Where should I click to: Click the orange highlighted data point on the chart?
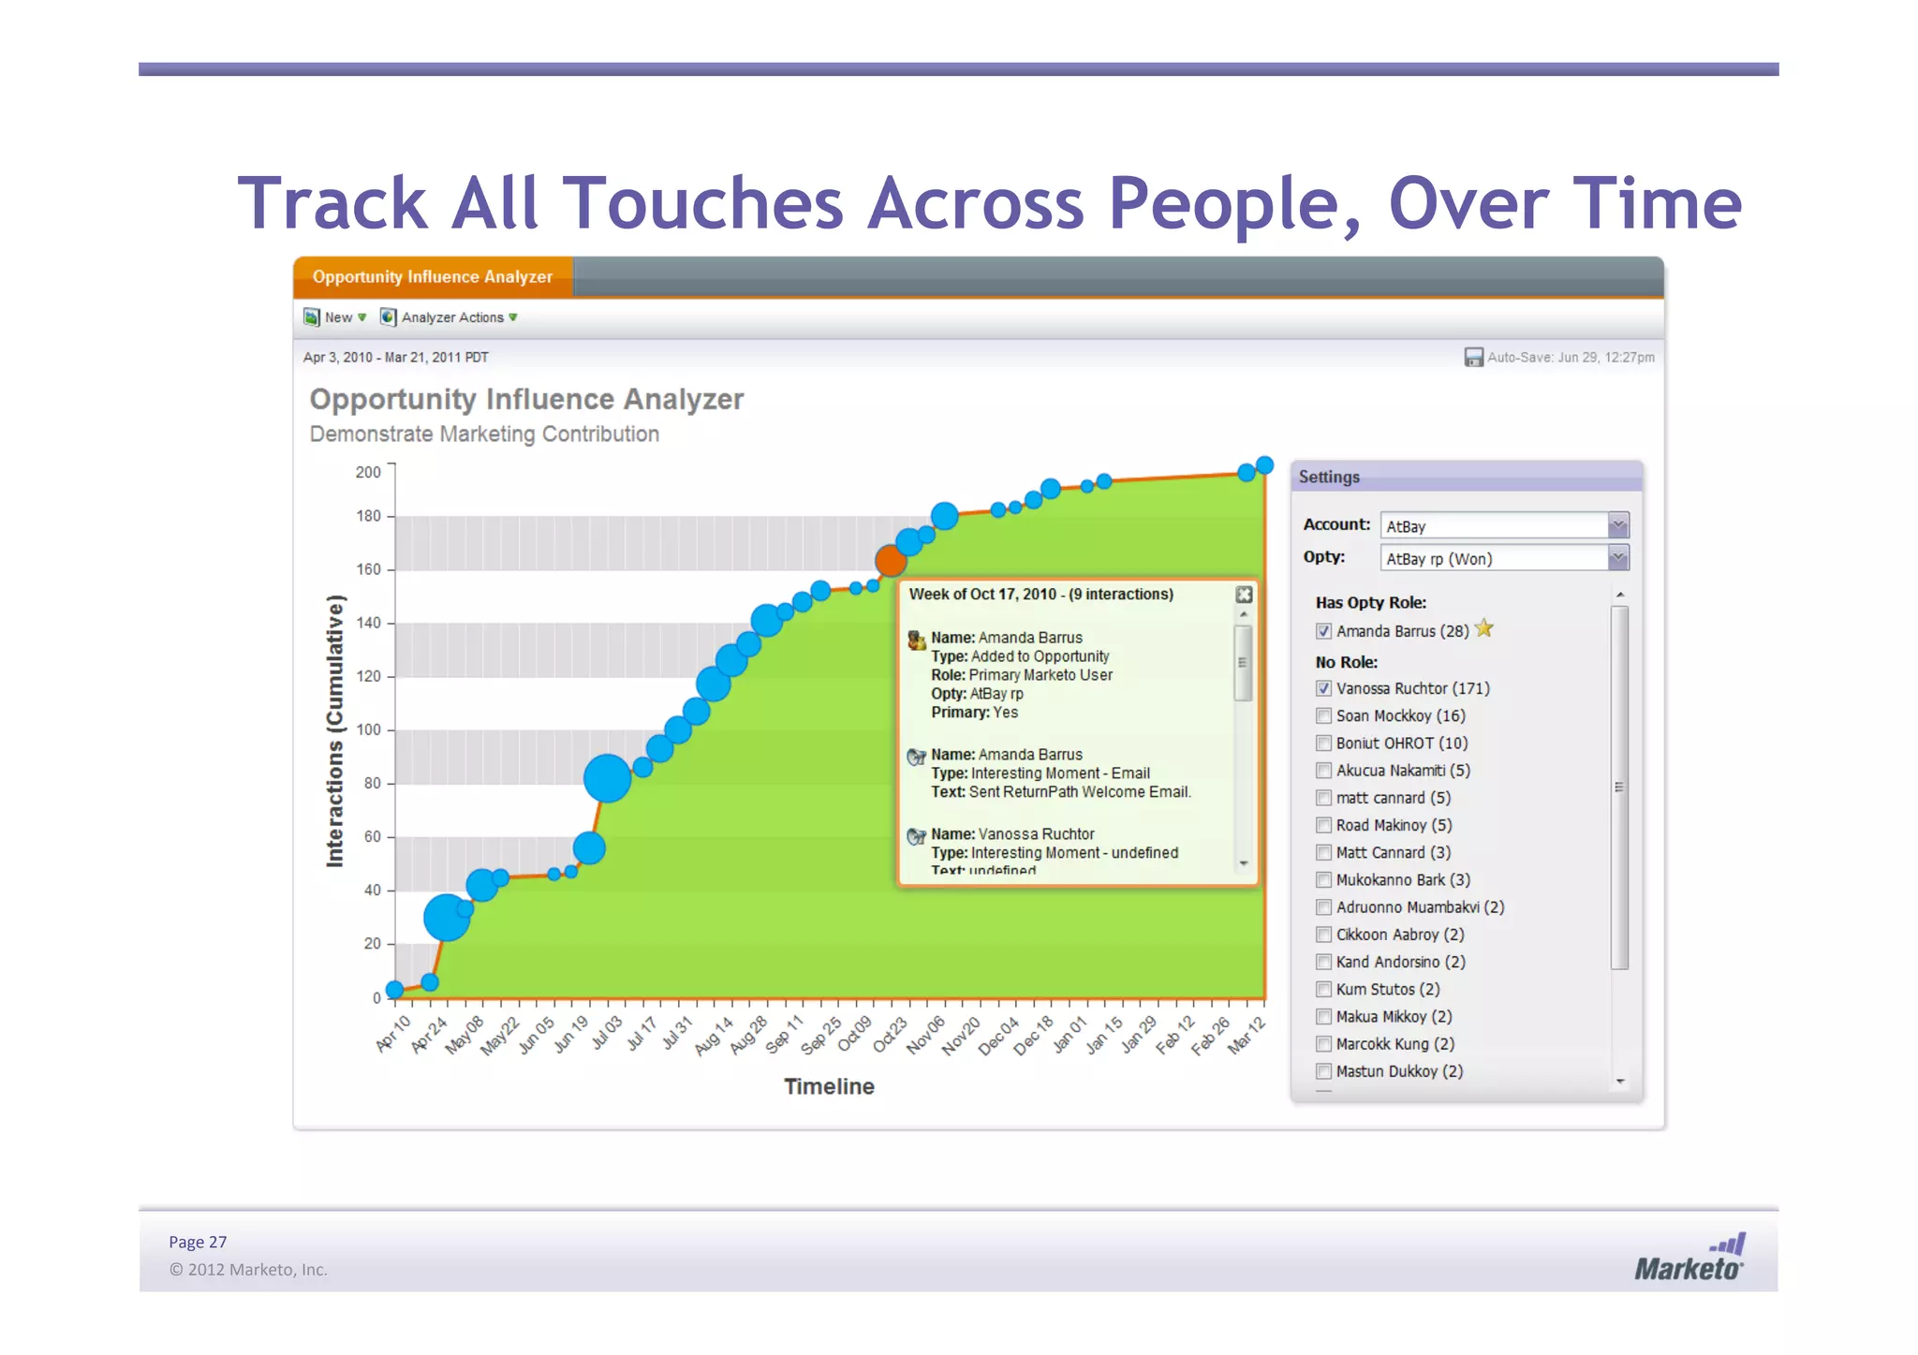891,561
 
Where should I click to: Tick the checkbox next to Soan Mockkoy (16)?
1323,716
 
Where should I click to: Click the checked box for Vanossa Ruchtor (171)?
1323,688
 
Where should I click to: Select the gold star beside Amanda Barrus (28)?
1484,628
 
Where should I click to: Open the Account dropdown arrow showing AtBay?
1617,525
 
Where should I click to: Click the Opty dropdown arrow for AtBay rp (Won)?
1617,558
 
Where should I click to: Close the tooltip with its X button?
1244,595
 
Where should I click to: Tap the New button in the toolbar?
334,317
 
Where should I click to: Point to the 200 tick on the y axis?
368,472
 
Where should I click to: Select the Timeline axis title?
829,1086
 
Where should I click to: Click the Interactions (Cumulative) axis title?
335,730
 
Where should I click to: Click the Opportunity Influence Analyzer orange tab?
433,277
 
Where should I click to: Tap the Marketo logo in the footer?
1689,1259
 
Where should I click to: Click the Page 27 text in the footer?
198,1242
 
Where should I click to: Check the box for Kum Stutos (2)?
1323,990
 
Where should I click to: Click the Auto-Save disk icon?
1473,357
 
